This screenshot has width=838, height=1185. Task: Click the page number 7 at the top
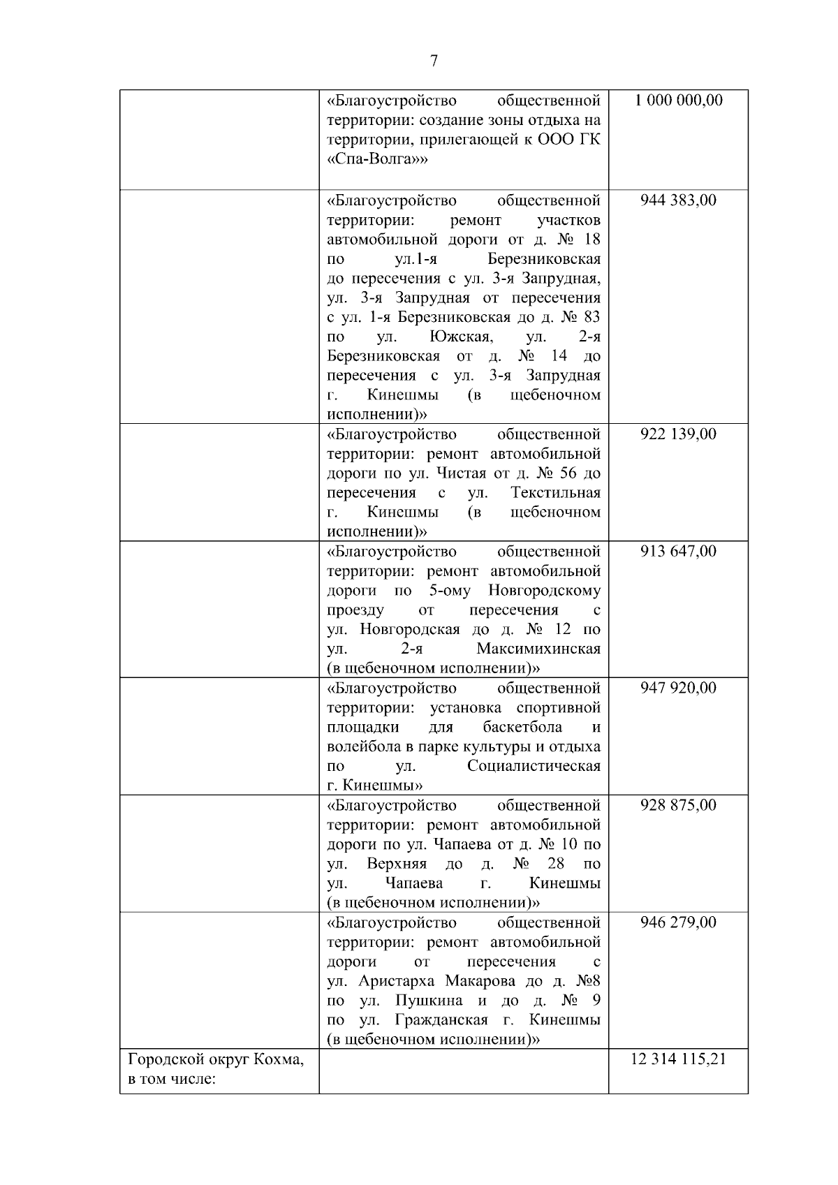(434, 61)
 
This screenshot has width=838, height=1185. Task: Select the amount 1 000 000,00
(678, 101)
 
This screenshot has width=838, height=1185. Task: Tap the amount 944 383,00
(678, 201)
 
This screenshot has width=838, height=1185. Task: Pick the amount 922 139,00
(678, 434)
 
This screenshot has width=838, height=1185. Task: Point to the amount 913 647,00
(678, 552)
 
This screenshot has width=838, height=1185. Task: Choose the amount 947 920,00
(678, 689)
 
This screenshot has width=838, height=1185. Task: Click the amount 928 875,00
(678, 806)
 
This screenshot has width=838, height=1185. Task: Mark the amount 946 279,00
(678, 923)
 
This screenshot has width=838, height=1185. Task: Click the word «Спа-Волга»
(377, 159)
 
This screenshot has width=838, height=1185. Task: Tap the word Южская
(462, 337)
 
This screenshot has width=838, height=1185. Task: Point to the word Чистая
(460, 473)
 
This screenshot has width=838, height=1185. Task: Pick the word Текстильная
(555, 493)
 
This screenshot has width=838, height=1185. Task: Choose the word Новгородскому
(544, 591)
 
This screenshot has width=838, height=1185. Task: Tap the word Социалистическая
(534, 767)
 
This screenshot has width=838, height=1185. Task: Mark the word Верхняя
(397, 864)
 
